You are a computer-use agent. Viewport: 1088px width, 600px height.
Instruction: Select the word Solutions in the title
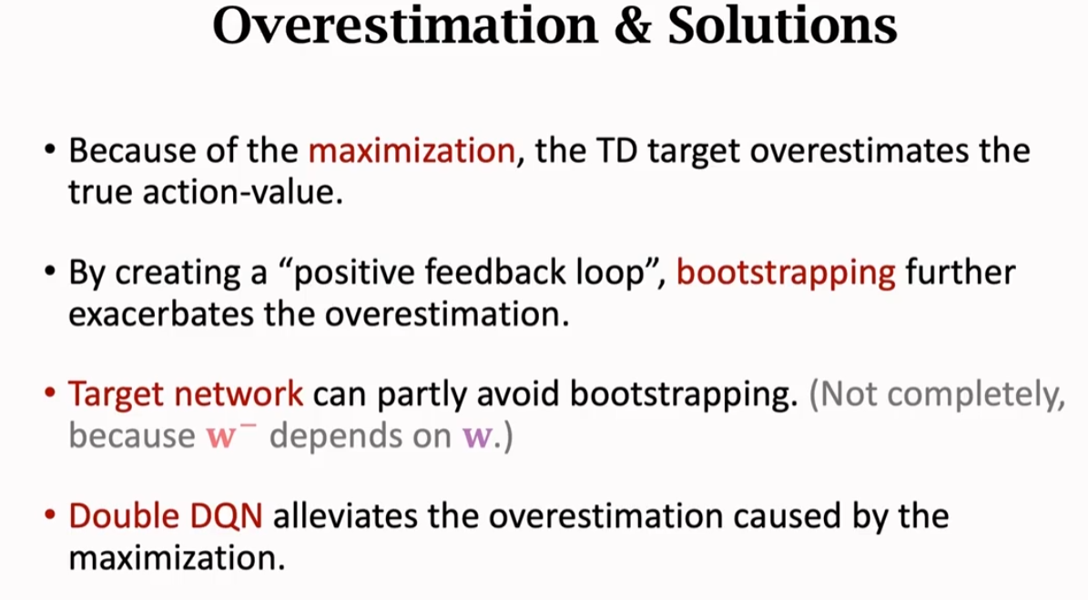782,28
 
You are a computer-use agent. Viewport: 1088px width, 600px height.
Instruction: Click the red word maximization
412,150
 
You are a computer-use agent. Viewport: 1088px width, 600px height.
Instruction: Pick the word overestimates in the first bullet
844,150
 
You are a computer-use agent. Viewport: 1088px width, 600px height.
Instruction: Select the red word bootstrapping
786,273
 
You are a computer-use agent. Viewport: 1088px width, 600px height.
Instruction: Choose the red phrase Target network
186,394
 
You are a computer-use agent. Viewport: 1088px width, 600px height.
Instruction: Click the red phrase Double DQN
166,516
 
